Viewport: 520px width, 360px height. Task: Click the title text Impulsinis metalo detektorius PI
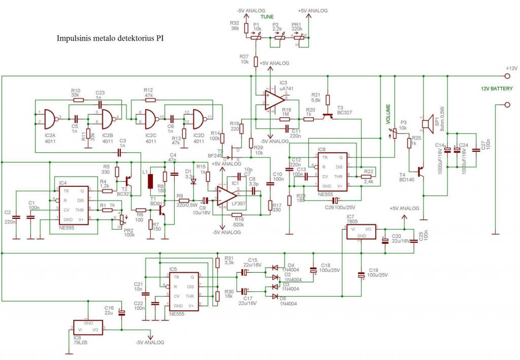coord(110,38)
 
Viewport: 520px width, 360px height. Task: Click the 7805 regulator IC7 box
coord(362,233)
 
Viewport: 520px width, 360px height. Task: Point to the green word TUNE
coord(267,17)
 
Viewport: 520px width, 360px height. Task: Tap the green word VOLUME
coord(387,115)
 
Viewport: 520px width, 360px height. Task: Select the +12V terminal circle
coord(506,76)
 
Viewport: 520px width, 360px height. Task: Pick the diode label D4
coord(290,265)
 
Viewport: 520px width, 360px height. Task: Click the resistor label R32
coord(234,23)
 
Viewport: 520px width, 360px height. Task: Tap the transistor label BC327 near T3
coord(345,112)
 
